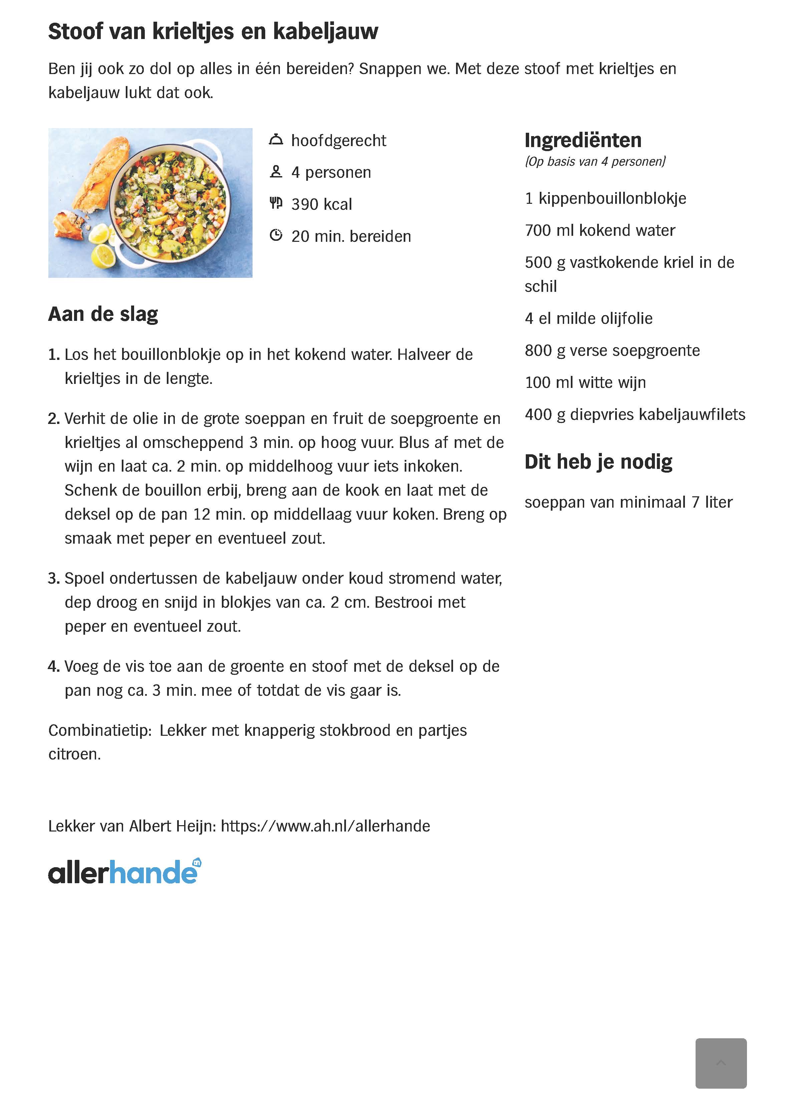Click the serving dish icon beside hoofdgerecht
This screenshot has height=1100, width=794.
pyautogui.click(x=276, y=140)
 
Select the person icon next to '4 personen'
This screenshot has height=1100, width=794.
pyautogui.click(x=276, y=172)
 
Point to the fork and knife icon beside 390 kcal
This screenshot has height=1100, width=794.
pyautogui.click(x=276, y=204)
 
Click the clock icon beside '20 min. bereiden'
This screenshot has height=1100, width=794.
pyautogui.click(x=276, y=236)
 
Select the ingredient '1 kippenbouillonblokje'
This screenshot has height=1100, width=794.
pyautogui.click(x=605, y=198)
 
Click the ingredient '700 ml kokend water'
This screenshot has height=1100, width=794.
pyautogui.click(x=600, y=230)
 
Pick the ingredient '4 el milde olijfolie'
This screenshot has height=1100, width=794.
pyautogui.click(x=588, y=319)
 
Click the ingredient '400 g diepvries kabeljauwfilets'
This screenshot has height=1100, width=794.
pyautogui.click(x=635, y=415)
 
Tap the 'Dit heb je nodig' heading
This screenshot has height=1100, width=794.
pyautogui.click(x=598, y=462)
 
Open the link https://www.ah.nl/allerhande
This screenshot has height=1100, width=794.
pyautogui.click(x=325, y=826)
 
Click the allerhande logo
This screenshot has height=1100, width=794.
pyautogui.click(x=124, y=872)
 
